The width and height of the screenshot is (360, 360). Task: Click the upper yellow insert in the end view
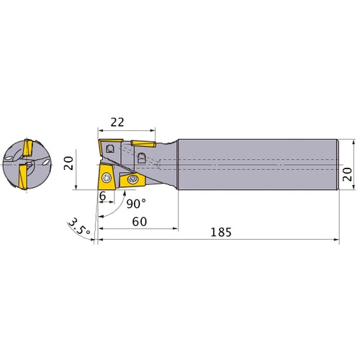pyautogui.click(x=27, y=149)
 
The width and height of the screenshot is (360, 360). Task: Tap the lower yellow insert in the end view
pyautogui.click(x=22, y=176)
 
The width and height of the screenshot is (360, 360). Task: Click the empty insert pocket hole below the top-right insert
pyautogui.click(x=142, y=156)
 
